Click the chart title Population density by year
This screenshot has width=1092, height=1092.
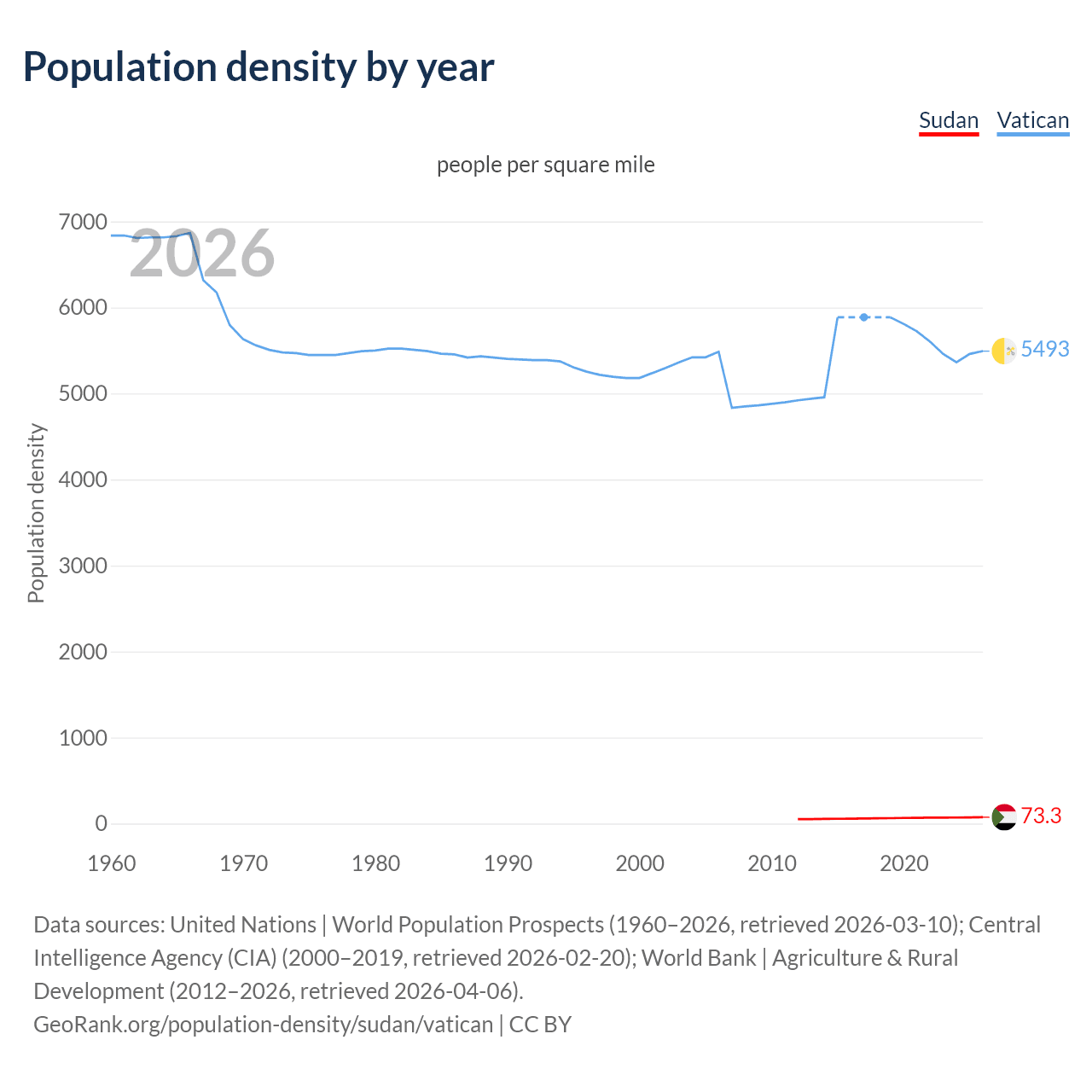point(258,67)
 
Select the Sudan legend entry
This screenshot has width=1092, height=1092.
point(948,120)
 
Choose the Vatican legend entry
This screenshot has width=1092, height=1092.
point(1032,120)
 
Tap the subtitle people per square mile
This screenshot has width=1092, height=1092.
point(545,165)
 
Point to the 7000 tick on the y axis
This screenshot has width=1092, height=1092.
point(83,222)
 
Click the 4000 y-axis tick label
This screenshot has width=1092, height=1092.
point(83,479)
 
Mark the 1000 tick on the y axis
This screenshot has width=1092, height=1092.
point(83,738)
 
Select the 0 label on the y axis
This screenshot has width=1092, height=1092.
point(101,823)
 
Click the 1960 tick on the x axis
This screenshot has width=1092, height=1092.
point(112,863)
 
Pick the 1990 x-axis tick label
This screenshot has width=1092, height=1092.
point(508,863)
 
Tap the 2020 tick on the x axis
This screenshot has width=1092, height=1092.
point(903,863)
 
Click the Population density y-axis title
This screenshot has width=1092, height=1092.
point(36,514)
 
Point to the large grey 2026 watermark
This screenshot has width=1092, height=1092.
point(201,253)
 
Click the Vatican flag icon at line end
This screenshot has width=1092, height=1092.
point(1003,350)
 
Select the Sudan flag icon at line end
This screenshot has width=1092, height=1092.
point(1003,817)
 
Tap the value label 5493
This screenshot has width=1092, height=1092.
point(1044,349)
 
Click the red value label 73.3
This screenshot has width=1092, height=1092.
point(1041,816)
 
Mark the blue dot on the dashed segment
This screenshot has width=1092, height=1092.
point(864,317)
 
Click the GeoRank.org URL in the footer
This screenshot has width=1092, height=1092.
point(263,1024)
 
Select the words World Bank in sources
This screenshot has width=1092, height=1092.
point(699,957)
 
